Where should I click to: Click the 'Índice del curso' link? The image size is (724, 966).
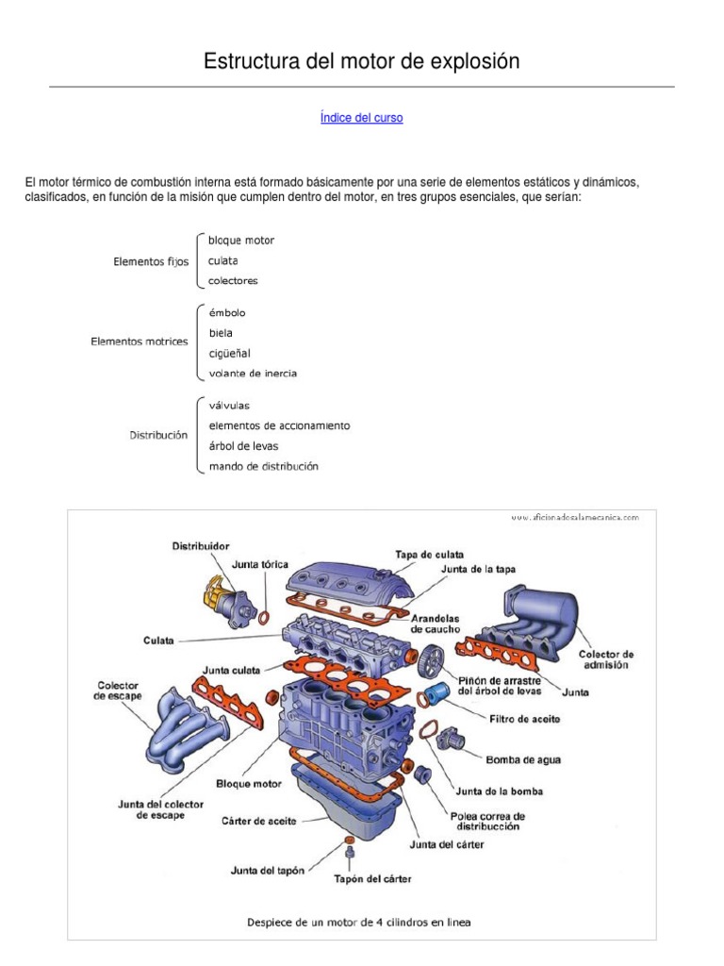tap(361, 118)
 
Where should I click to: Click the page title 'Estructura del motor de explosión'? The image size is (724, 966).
tap(362, 61)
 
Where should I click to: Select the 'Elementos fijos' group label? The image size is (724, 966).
tap(151, 261)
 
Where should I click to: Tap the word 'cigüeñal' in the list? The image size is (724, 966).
tap(229, 353)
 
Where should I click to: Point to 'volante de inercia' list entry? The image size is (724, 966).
tap(253, 374)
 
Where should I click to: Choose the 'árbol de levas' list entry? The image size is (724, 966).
tap(243, 445)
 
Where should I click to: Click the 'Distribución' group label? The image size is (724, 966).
tap(158, 435)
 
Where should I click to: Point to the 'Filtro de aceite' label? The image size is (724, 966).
tap(525, 719)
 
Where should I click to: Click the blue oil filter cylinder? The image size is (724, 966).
tap(436, 696)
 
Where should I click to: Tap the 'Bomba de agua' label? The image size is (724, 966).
tap(522, 758)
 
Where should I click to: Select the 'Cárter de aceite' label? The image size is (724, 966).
tap(259, 821)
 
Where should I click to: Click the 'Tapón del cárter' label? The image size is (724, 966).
tap(372, 878)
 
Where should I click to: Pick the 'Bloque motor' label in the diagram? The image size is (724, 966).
tap(249, 783)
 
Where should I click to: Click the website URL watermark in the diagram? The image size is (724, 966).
tap(575, 517)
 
